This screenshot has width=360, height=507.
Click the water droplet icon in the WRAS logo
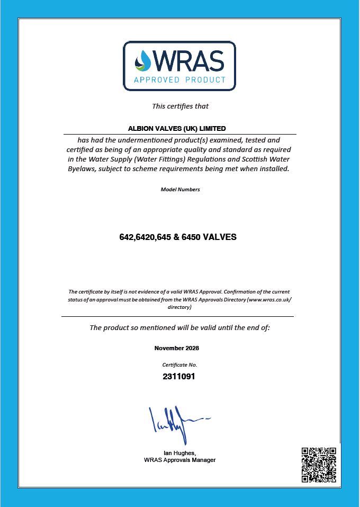point(143,60)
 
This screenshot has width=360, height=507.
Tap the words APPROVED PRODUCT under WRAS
point(180,80)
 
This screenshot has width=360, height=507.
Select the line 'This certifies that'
point(180,106)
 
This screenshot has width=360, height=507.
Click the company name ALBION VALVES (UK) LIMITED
point(177,128)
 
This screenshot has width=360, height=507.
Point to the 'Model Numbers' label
point(180,189)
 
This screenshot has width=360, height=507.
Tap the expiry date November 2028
point(177,348)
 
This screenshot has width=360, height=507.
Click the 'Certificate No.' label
point(179,365)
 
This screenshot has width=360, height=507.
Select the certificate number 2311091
point(179,377)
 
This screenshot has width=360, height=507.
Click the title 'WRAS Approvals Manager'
point(179,460)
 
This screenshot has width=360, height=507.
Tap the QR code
point(319,465)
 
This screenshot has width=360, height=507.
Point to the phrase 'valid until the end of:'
point(235,327)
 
